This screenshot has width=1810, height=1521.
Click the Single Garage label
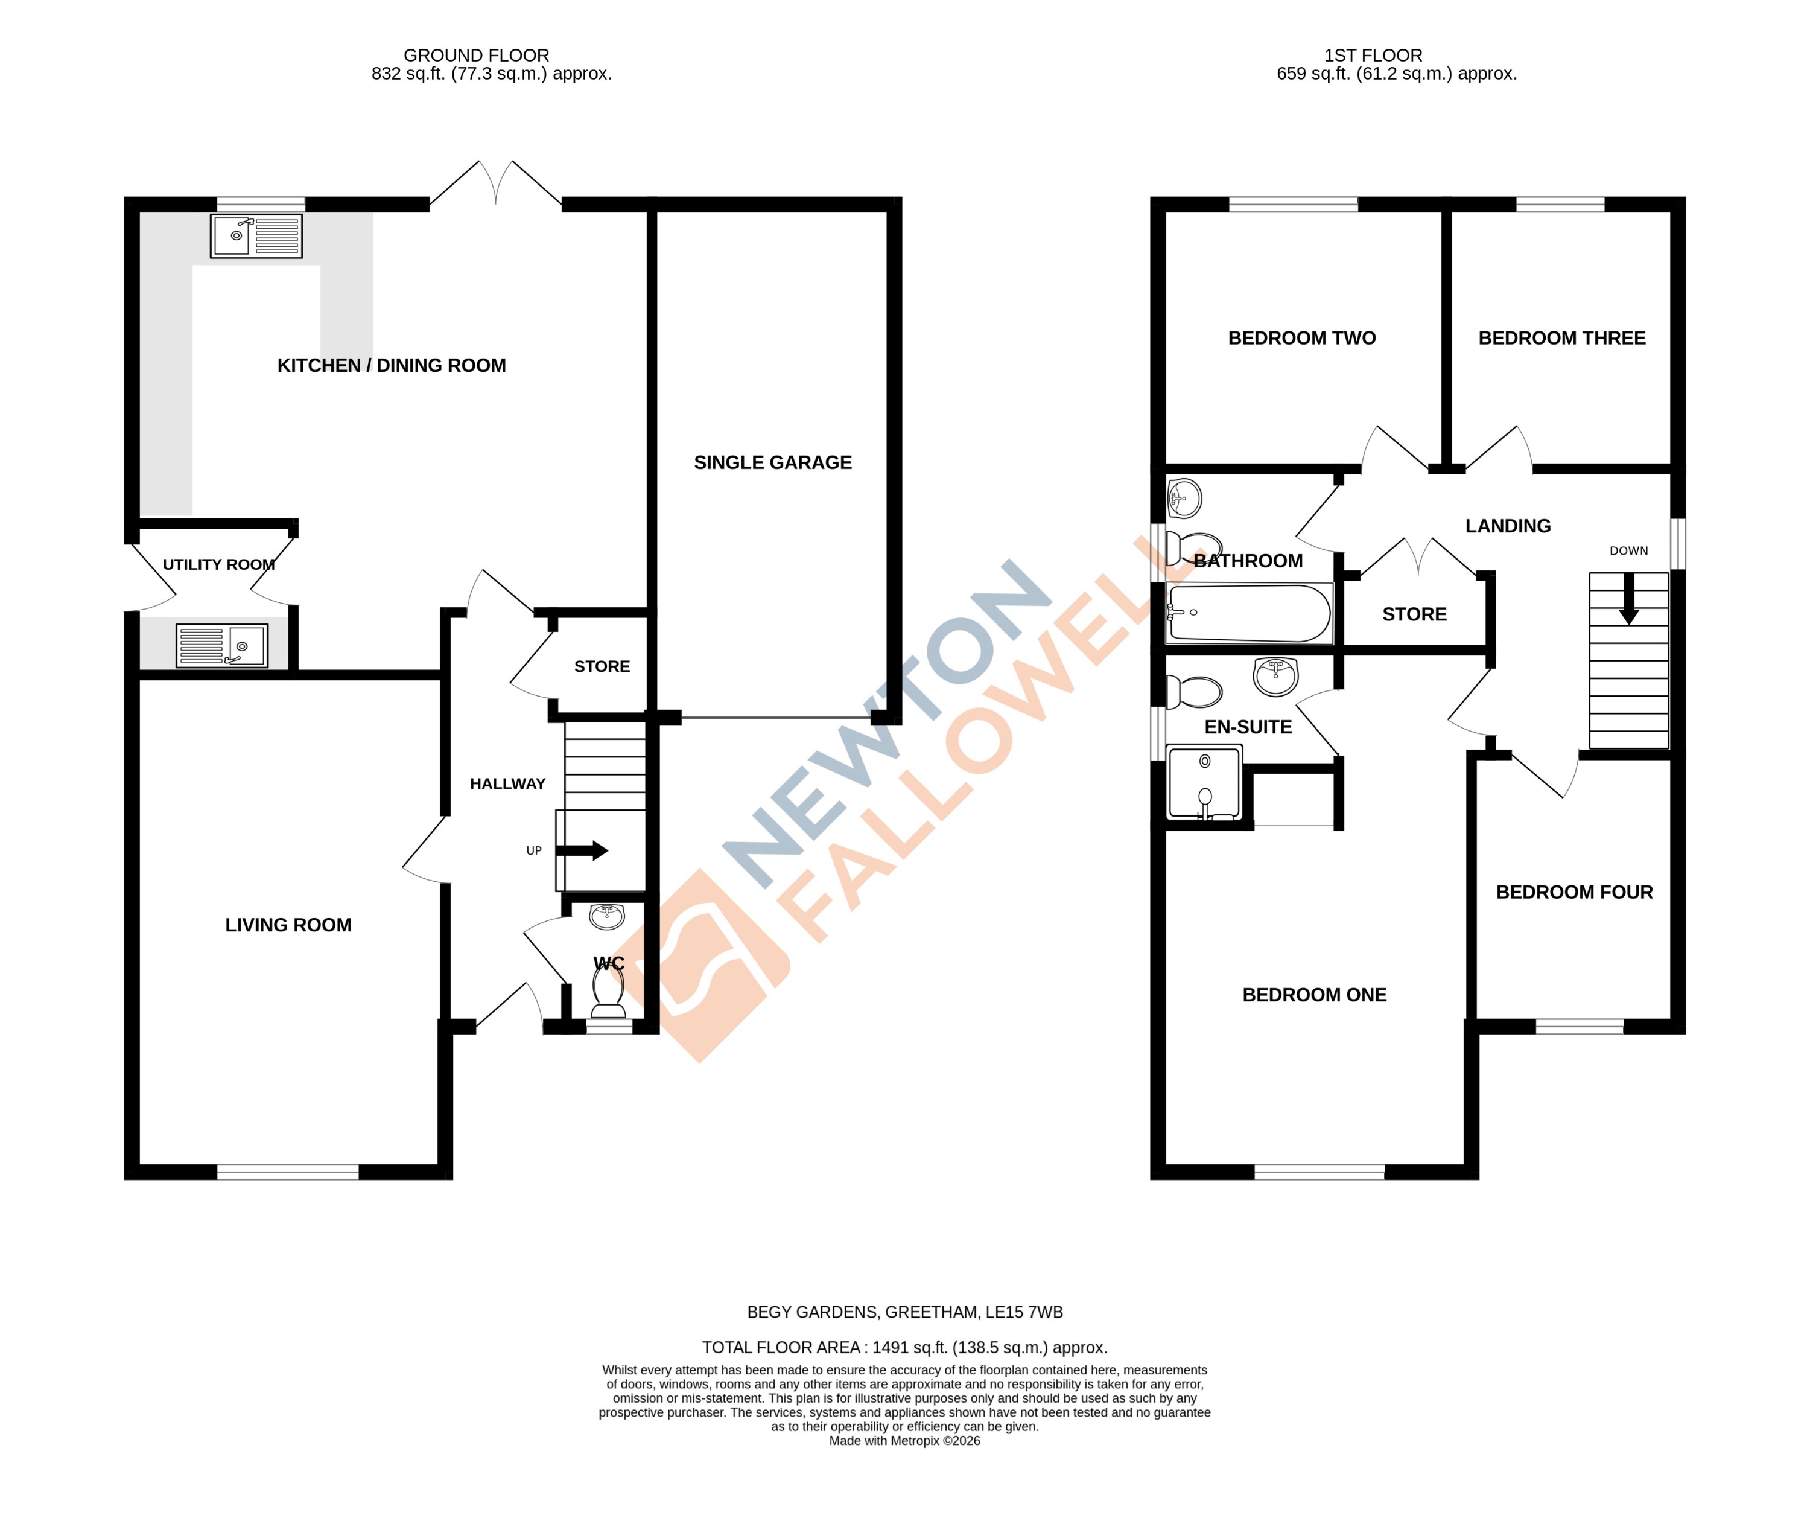click(x=772, y=462)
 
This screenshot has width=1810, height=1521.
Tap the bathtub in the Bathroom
click(x=1248, y=613)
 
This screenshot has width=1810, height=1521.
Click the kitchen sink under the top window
click(x=256, y=235)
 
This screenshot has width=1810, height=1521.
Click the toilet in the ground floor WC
click(x=609, y=992)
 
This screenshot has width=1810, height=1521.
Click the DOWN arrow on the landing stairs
click(x=1628, y=600)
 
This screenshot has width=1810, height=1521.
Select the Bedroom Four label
click(x=1574, y=893)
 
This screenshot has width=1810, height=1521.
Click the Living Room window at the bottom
click(x=288, y=1172)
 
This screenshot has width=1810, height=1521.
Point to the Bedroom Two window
click(x=1293, y=205)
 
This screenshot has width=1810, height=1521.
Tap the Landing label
click(x=1508, y=526)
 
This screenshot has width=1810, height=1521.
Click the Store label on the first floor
click(x=1414, y=615)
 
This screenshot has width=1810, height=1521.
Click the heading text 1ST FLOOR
click(x=1373, y=55)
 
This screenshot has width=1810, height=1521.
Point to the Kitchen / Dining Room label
click(x=392, y=366)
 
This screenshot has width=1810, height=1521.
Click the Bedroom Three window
click(x=1560, y=205)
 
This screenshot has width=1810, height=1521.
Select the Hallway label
click(x=507, y=784)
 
